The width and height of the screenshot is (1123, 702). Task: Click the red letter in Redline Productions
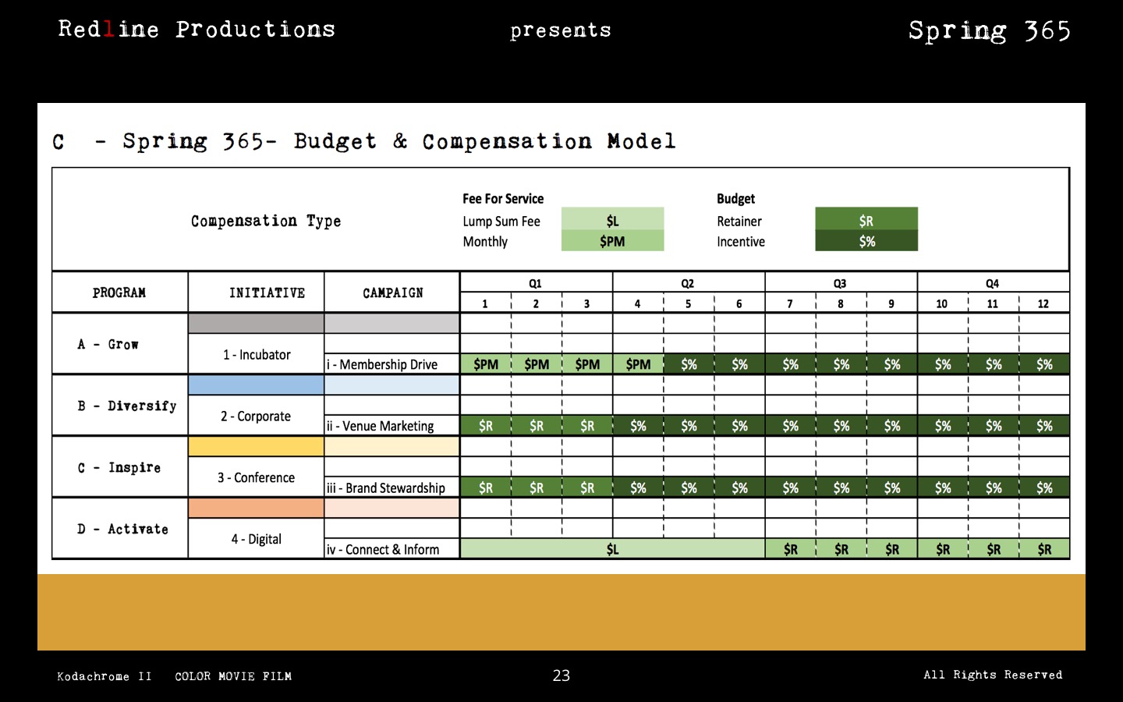108,30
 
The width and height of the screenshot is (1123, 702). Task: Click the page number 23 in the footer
561,675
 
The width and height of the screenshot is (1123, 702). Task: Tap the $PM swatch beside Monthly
612,241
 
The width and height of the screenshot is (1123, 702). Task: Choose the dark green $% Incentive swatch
866,241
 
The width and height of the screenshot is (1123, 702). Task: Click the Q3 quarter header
840,283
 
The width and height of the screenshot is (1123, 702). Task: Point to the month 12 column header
1043,303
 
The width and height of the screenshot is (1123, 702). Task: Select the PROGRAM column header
119,292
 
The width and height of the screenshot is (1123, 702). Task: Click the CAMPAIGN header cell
392,292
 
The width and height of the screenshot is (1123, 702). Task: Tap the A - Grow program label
108,344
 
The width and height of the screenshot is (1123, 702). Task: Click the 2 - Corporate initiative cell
256,416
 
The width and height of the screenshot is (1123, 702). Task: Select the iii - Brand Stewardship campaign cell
391,487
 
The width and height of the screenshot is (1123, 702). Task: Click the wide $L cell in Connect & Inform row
612,549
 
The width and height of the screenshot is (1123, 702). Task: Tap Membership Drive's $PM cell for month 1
485,364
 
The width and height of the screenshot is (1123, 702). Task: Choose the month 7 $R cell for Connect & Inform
790,549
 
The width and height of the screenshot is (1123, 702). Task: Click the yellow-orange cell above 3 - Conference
256,446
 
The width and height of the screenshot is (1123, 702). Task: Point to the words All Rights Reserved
993,675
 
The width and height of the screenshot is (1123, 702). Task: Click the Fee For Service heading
503,199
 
